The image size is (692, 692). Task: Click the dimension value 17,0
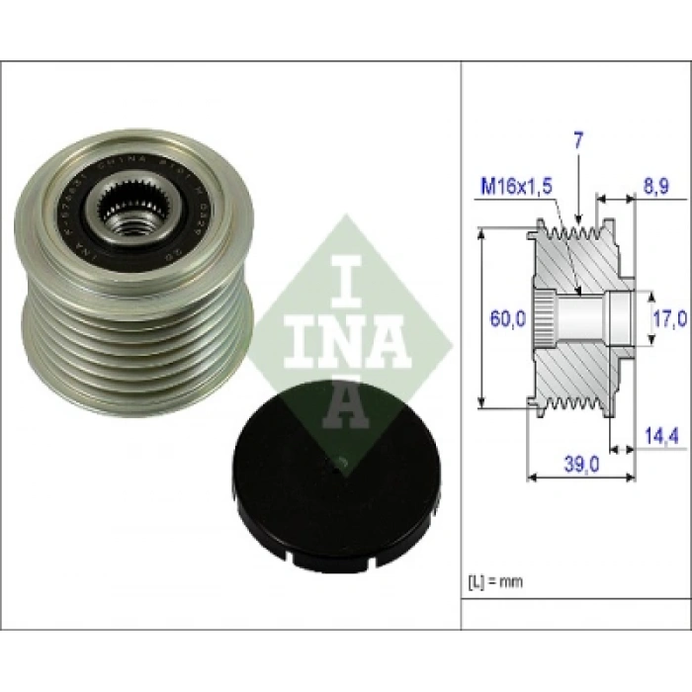coord(669,319)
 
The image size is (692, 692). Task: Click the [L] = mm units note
coord(495,581)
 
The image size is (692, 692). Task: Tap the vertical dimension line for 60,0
coord(481,316)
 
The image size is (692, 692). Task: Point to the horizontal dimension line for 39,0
coord(580,477)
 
